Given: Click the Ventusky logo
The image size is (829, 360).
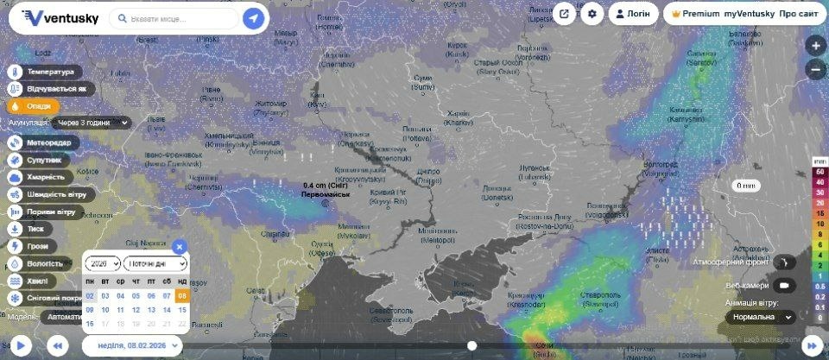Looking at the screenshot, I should click(60, 17).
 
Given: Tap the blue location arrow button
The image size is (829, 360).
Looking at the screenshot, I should click(253, 18).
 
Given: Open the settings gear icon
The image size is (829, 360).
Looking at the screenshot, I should click(592, 14).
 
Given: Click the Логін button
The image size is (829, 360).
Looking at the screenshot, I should click(633, 14).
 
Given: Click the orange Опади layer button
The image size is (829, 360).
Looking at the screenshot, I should click(30, 105).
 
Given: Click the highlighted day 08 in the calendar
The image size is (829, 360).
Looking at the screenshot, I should click(182, 295).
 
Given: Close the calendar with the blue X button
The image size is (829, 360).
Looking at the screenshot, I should click(179, 246).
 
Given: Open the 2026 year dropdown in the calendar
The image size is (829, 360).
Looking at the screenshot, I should click(102, 263).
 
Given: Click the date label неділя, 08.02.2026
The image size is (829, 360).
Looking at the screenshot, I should click(131, 345).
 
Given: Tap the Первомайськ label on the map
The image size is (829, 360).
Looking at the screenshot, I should click(326, 195).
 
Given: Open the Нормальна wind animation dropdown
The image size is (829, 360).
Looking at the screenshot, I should click(761, 317).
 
